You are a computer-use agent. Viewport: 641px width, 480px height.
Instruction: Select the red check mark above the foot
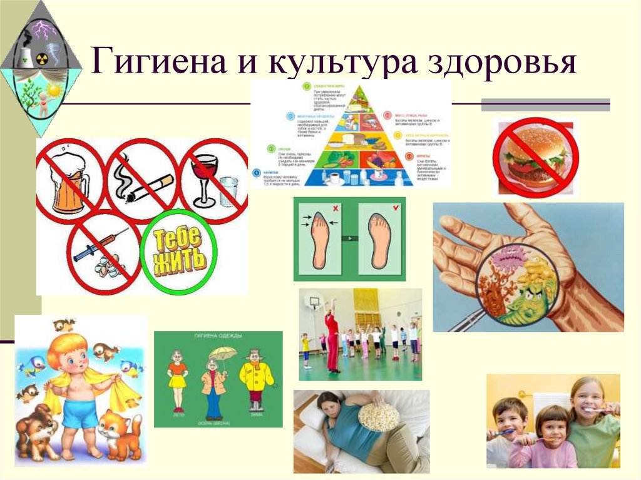point(395,207)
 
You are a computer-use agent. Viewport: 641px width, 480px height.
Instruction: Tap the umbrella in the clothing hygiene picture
point(223,353)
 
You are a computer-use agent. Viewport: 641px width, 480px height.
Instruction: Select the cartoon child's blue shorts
point(80,412)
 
